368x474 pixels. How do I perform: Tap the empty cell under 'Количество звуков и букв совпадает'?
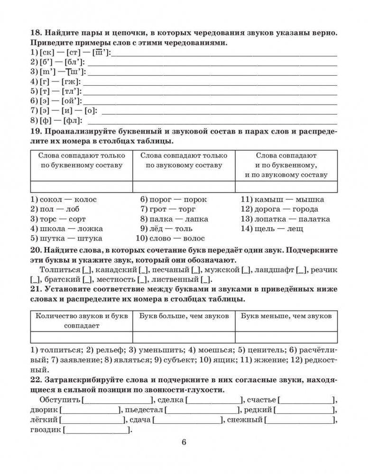tap(81, 337)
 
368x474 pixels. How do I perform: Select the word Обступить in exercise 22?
tap(60, 400)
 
